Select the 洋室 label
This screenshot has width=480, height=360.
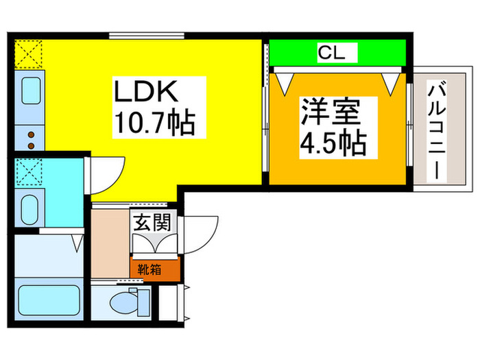pyautogui.click(x=329, y=112)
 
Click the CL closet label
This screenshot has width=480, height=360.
pyautogui.click(x=336, y=51)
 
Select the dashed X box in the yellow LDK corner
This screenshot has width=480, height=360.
pyautogui.click(x=29, y=53)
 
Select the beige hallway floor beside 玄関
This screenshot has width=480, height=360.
pyautogui.click(x=110, y=243)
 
